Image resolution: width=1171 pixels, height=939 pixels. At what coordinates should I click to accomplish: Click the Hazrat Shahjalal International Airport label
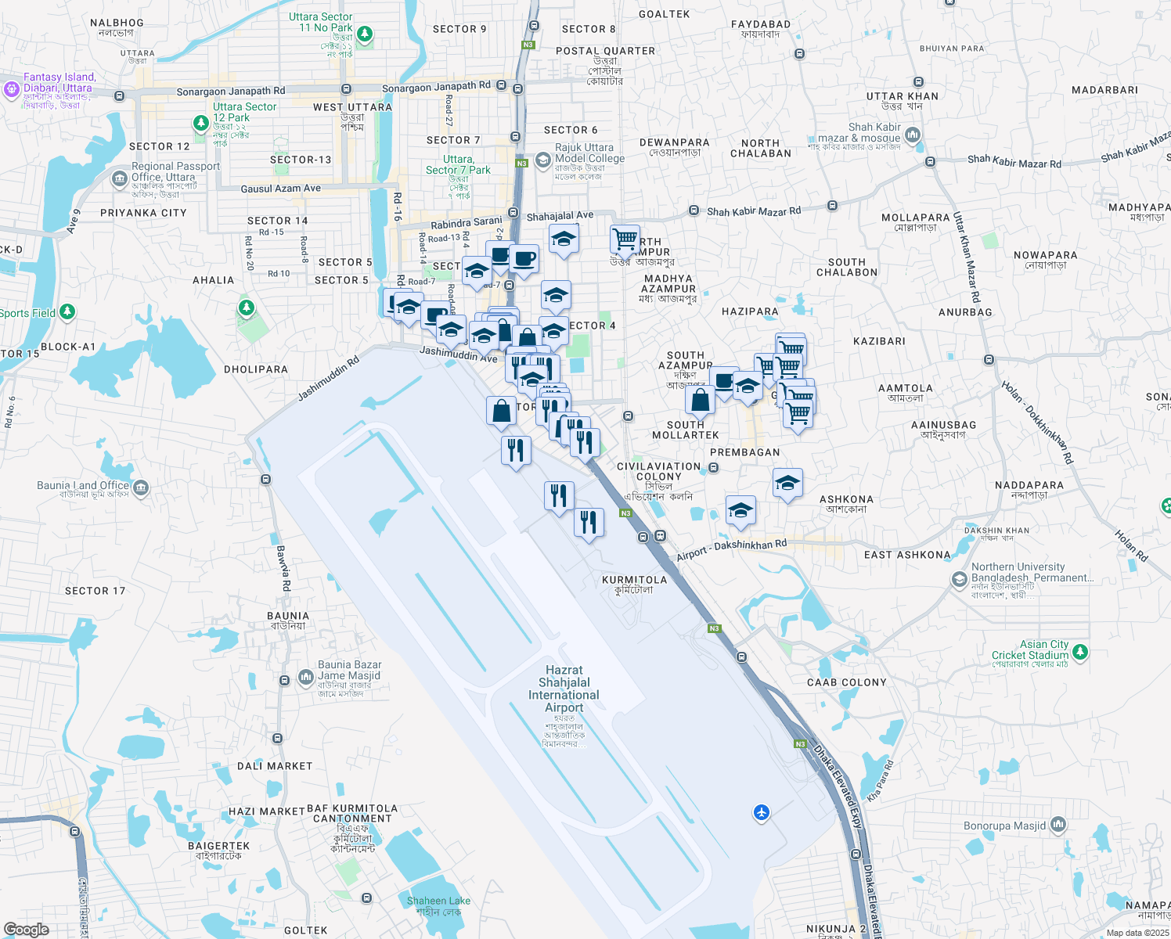coord(564,689)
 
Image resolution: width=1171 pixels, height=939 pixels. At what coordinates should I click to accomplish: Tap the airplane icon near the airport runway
coord(762,813)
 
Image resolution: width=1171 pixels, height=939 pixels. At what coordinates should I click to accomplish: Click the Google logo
coord(27,930)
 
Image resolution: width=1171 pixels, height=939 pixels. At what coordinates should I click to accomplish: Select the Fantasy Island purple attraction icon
coord(11,89)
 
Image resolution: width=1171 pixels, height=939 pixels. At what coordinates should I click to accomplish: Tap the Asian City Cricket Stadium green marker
coord(1080,651)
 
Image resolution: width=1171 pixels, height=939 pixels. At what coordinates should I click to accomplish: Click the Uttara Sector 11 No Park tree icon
coord(364,34)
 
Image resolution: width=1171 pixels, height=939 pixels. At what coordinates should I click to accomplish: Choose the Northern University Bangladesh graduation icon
coord(959,580)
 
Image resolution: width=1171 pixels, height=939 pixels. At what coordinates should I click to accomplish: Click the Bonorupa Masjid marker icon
coord(1058,825)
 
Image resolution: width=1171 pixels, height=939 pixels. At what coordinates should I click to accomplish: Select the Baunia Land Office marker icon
coord(141,489)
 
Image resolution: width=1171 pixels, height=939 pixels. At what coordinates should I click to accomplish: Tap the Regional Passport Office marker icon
coord(120,179)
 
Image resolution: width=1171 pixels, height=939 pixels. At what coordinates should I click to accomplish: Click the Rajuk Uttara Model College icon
coord(543,160)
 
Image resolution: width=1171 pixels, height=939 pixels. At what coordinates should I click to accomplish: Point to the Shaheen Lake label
coord(438,901)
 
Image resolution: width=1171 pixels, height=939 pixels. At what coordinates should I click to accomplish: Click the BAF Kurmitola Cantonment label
coord(352,814)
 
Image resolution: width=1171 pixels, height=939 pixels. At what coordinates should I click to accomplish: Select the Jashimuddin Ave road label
coord(459,354)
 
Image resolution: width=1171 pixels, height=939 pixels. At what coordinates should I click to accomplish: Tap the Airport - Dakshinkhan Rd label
coord(732,549)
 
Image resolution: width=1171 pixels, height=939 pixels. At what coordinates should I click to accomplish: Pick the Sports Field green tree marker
coord(67,313)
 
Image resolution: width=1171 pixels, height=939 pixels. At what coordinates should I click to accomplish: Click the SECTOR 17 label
coord(95,591)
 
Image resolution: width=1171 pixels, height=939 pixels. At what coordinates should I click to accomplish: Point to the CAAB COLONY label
coord(846,682)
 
